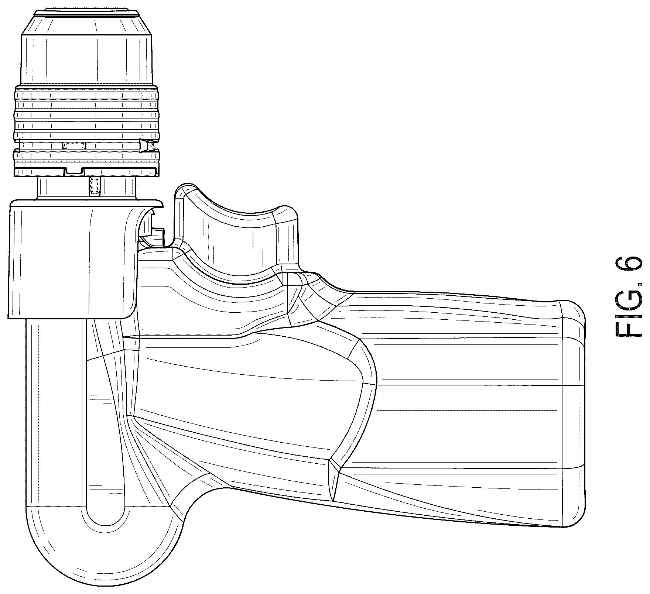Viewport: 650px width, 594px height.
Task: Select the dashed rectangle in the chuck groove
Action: tap(74, 145)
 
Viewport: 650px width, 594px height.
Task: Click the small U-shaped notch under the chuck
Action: tap(74, 171)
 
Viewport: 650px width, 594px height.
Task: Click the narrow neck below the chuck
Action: tap(87, 188)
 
